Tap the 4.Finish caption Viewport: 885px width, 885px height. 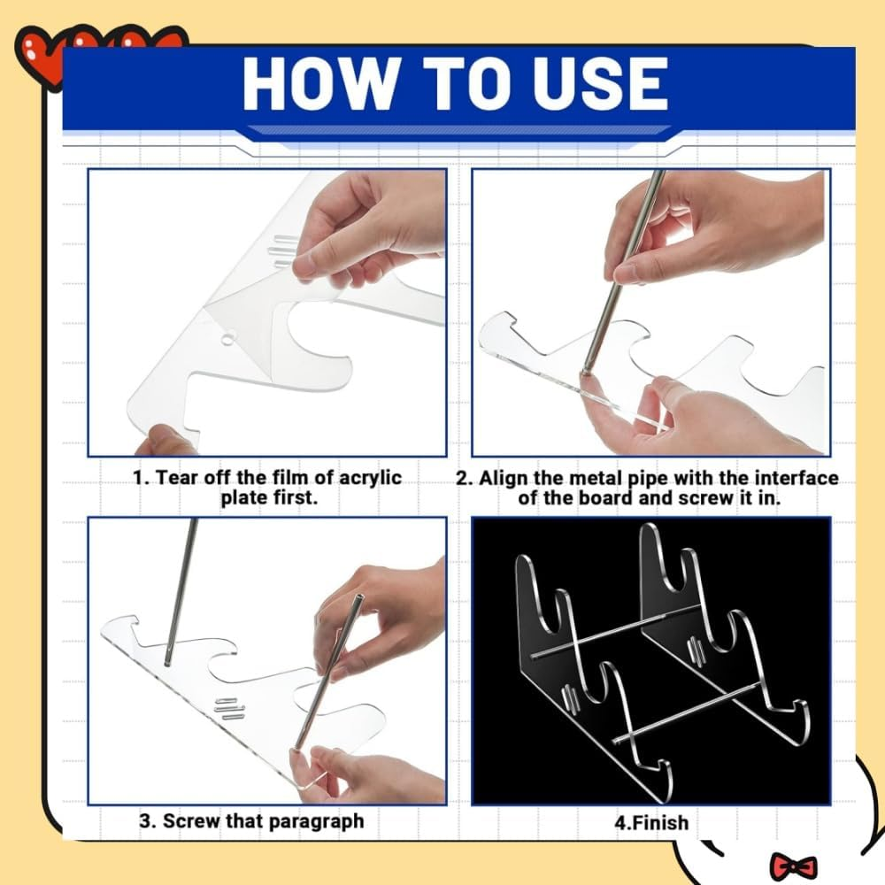click(651, 822)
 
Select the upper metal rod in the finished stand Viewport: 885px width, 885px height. click(611, 633)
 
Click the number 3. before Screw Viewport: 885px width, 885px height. click(148, 821)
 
